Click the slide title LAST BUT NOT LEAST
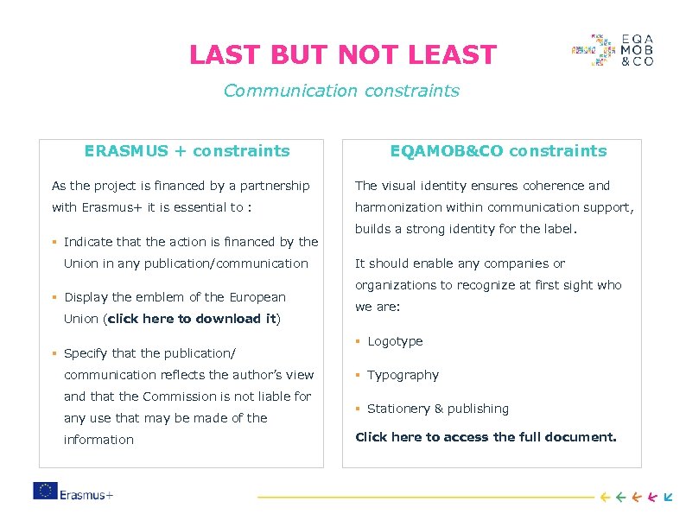tap(343, 55)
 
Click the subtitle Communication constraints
tap(341, 91)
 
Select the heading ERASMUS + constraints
tap(187, 151)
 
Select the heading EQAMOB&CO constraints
tap(498, 151)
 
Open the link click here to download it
tap(191, 319)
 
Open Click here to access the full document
tap(486, 437)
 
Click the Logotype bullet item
tap(395, 341)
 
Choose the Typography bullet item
tap(403, 375)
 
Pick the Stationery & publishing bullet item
tap(438, 409)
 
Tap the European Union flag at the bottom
tap(45, 491)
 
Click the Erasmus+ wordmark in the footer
tap(87, 495)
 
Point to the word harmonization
tap(398, 207)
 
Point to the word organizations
tap(397, 285)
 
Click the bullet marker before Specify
tap(54, 353)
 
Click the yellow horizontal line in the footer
tap(424, 497)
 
